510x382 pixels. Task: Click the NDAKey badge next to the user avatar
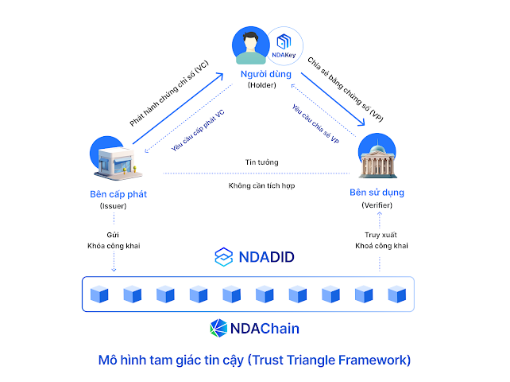tap(283, 46)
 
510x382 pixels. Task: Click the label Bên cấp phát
tap(118, 193)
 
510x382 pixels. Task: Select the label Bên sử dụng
tap(377, 193)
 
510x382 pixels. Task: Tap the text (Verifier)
tap(377, 205)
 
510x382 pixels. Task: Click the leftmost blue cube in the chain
tap(99, 294)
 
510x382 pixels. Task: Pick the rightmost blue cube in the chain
tap(396, 294)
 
